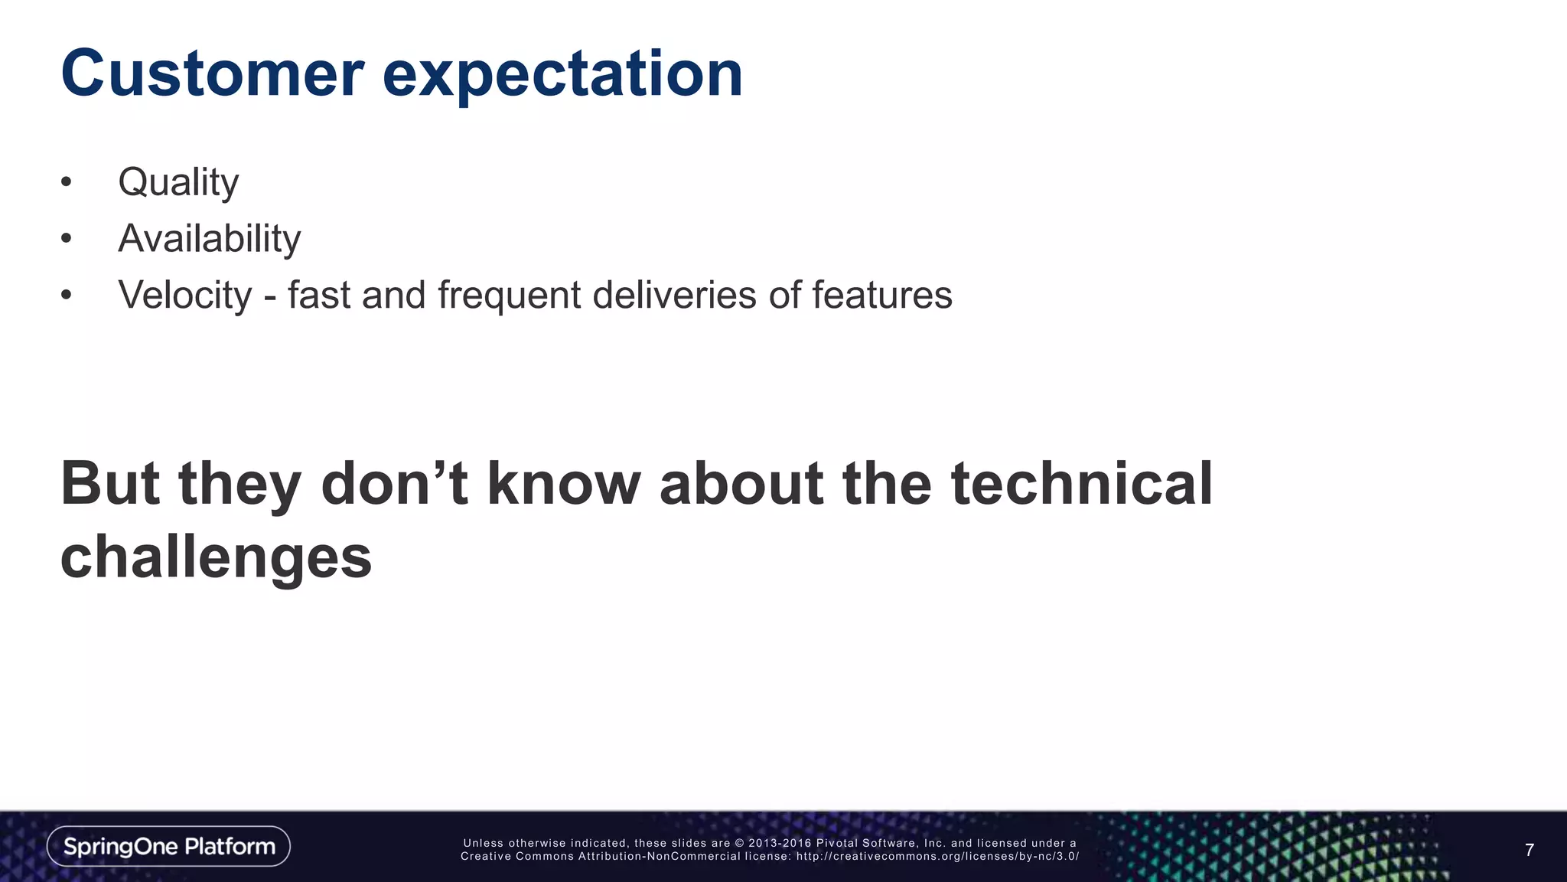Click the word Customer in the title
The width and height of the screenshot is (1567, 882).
click(x=213, y=73)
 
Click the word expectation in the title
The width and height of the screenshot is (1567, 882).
click(x=562, y=75)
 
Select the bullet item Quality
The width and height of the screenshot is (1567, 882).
click(x=178, y=183)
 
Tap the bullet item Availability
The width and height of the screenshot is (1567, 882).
click(x=209, y=238)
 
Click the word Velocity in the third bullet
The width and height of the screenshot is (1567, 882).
click(x=184, y=296)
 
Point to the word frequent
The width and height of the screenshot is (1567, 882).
click(x=509, y=296)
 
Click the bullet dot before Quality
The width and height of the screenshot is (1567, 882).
click(x=67, y=183)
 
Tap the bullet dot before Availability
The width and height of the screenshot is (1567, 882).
click(x=67, y=239)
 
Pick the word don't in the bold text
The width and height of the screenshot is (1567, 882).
click(x=394, y=484)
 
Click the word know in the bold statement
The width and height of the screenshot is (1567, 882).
click(x=564, y=484)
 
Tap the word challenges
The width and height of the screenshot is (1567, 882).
click(x=216, y=557)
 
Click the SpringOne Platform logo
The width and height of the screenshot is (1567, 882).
click(x=168, y=846)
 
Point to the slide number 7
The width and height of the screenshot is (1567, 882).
click(x=1529, y=850)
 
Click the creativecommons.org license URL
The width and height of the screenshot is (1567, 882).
click(x=937, y=857)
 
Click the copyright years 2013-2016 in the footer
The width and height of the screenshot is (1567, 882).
click(x=780, y=843)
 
